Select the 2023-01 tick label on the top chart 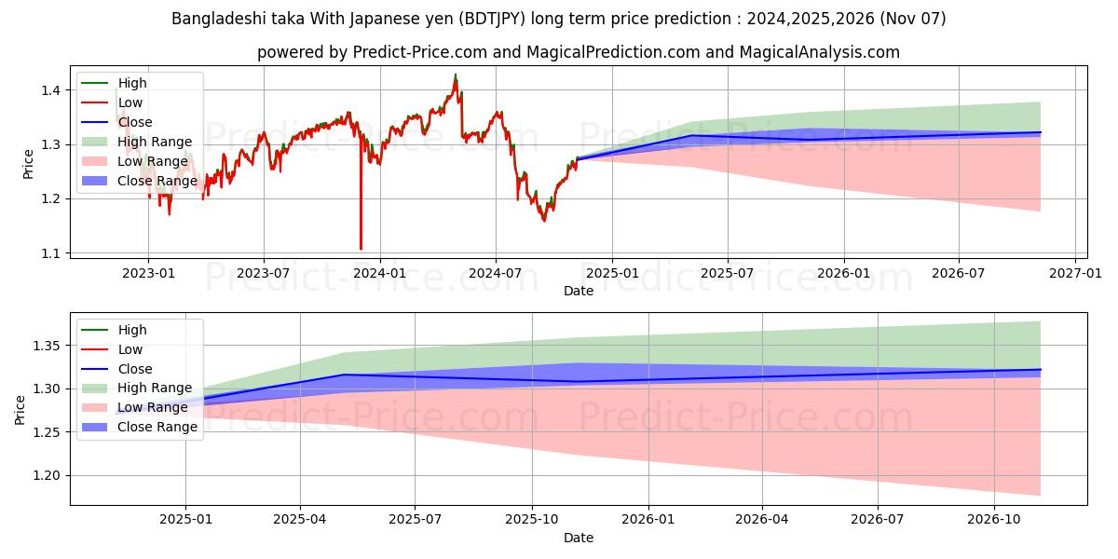tap(148, 273)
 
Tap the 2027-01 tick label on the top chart tap(1075, 273)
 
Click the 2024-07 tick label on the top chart tap(495, 273)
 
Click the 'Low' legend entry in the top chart tap(130, 102)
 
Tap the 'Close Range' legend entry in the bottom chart tap(157, 427)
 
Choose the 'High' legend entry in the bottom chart tap(131, 330)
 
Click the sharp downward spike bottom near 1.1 tap(361, 249)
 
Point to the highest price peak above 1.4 tap(456, 75)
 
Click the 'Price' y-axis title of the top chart tap(28, 162)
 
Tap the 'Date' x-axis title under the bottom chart tap(579, 538)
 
